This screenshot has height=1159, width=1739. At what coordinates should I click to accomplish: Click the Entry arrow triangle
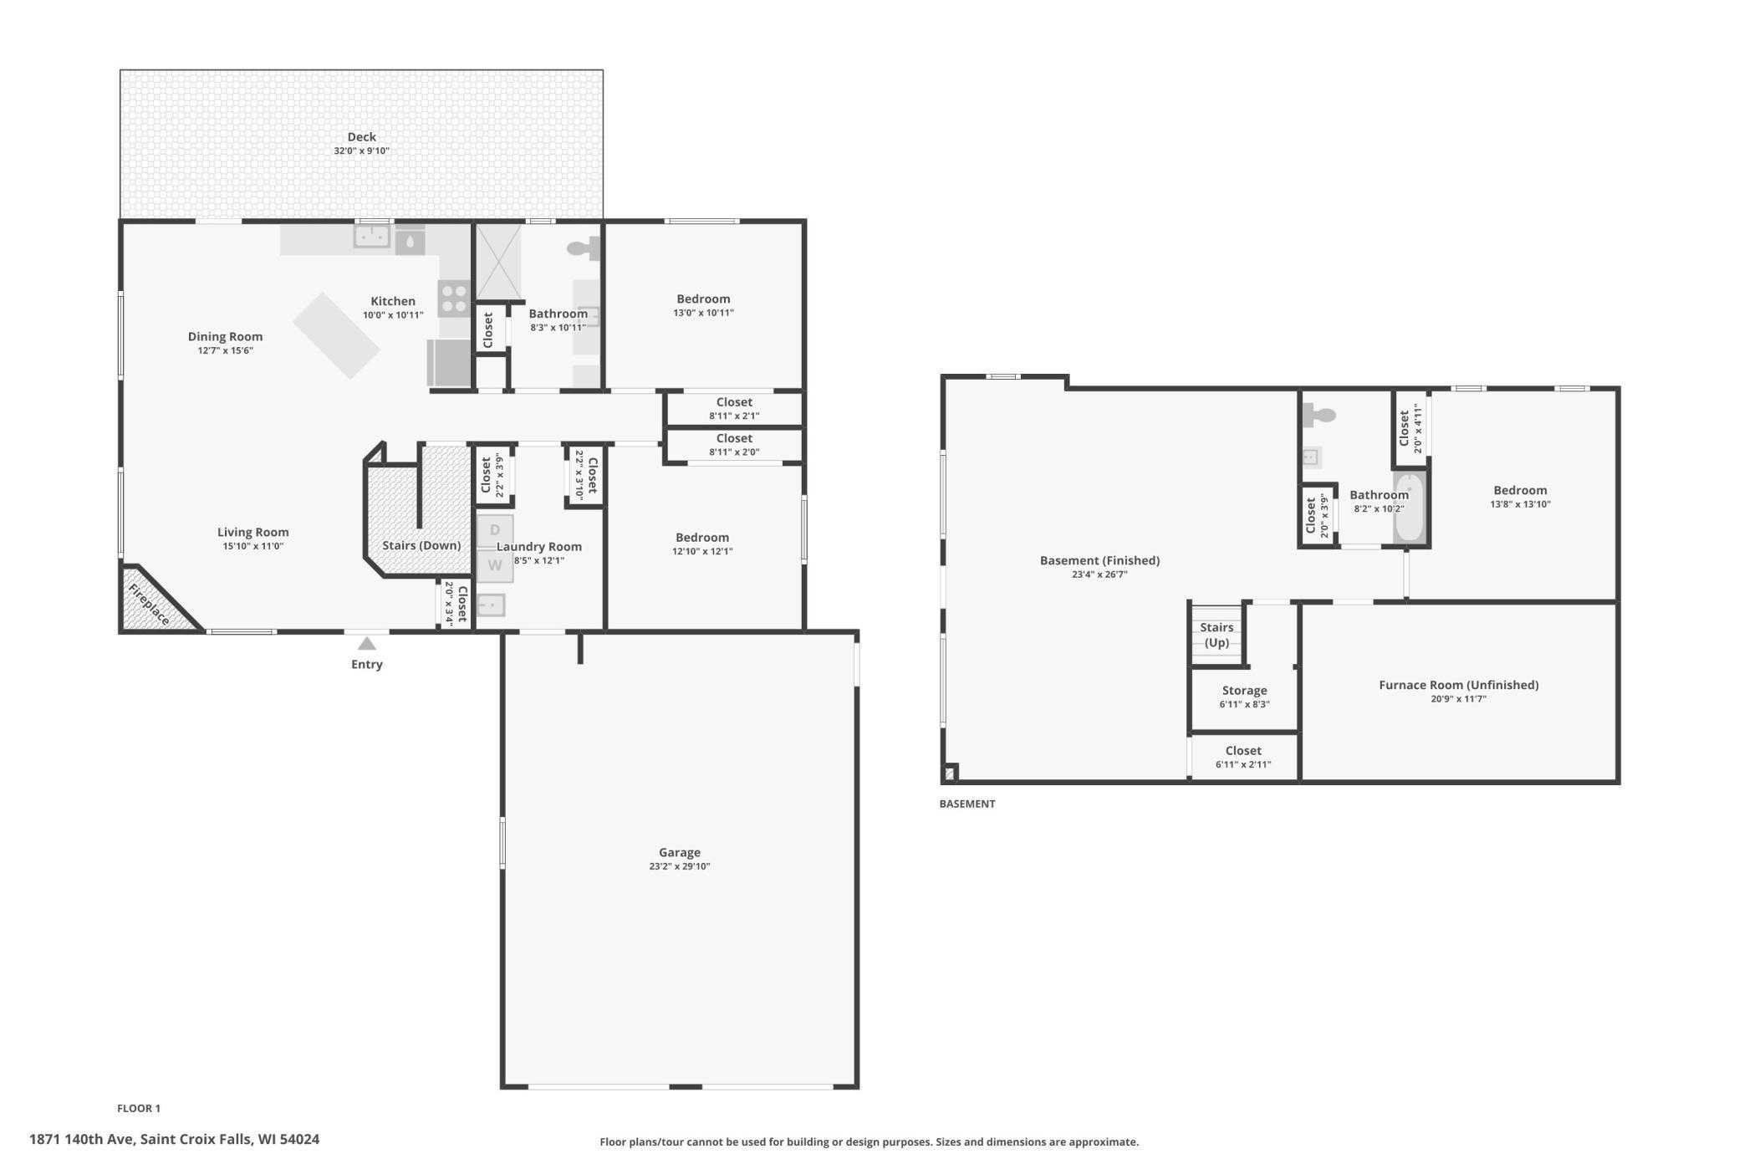point(367,643)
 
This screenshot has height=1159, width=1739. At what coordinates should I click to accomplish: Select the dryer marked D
point(495,530)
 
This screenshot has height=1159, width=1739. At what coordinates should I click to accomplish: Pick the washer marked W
point(495,565)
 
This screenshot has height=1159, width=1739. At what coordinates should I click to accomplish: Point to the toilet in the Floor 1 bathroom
point(584,248)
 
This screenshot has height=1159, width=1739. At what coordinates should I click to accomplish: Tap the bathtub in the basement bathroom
point(1409,507)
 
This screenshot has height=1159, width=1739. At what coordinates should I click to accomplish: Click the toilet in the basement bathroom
point(1318,414)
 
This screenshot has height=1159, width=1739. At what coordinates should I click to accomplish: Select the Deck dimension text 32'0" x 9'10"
point(362,151)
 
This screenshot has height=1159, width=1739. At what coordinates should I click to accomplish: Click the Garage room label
point(680,852)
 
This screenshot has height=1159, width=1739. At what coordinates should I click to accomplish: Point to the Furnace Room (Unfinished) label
point(1459,685)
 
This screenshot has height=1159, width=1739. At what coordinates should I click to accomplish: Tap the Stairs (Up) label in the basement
point(1217,635)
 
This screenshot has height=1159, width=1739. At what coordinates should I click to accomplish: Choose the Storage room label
point(1245,691)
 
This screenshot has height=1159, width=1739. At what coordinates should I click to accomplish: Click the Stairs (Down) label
point(421,545)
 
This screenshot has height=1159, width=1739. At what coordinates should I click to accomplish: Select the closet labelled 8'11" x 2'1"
point(734,409)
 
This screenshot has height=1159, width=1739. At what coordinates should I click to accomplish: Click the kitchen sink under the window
point(372,237)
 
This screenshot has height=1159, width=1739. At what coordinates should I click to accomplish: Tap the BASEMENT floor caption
point(967,804)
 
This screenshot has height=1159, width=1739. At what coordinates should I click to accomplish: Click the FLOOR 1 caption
point(139,1109)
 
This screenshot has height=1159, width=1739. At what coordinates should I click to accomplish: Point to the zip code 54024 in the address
point(300,1140)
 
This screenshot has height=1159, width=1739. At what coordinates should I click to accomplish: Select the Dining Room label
point(225,337)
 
